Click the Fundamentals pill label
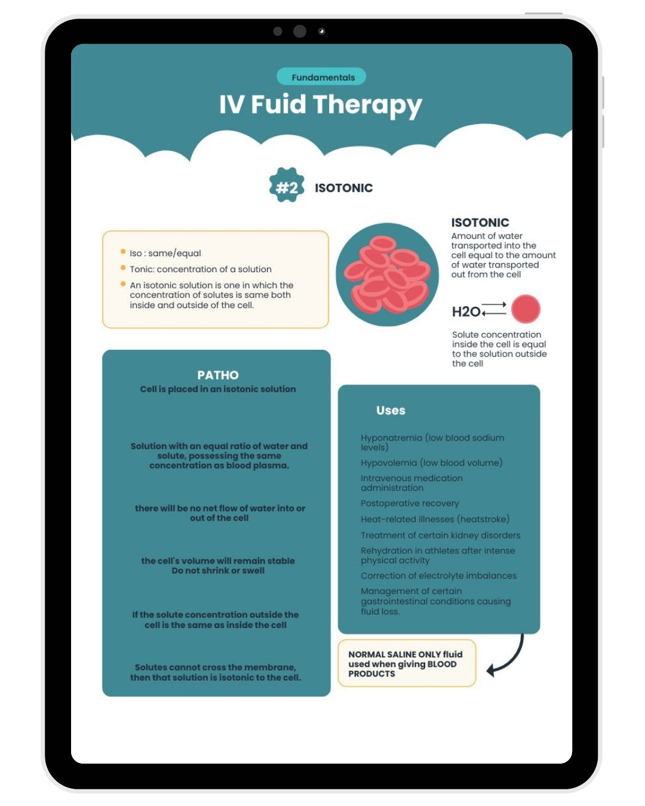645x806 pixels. (x=322, y=78)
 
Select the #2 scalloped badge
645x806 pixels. (x=287, y=184)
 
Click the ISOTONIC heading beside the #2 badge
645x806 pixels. (x=343, y=187)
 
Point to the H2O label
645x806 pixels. (x=466, y=312)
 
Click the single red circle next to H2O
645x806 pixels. (x=526, y=309)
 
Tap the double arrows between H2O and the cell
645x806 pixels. (x=493, y=309)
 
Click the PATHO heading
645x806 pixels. (x=218, y=375)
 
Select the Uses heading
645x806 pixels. (x=391, y=410)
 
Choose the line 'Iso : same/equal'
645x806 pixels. (x=165, y=253)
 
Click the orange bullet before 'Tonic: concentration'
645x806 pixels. (x=123, y=267)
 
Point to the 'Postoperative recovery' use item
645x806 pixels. (x=410, y=503)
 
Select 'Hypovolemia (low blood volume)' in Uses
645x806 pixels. (x=431, y=463)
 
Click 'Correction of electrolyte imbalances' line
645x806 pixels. (x=438, y=576)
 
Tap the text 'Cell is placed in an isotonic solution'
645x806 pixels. (x=218, y=389)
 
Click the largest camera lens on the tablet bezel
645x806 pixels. (x=299, y=31)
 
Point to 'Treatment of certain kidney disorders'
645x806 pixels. (x=440, y=536)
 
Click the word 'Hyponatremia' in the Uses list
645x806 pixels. (x=391, y=438)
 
